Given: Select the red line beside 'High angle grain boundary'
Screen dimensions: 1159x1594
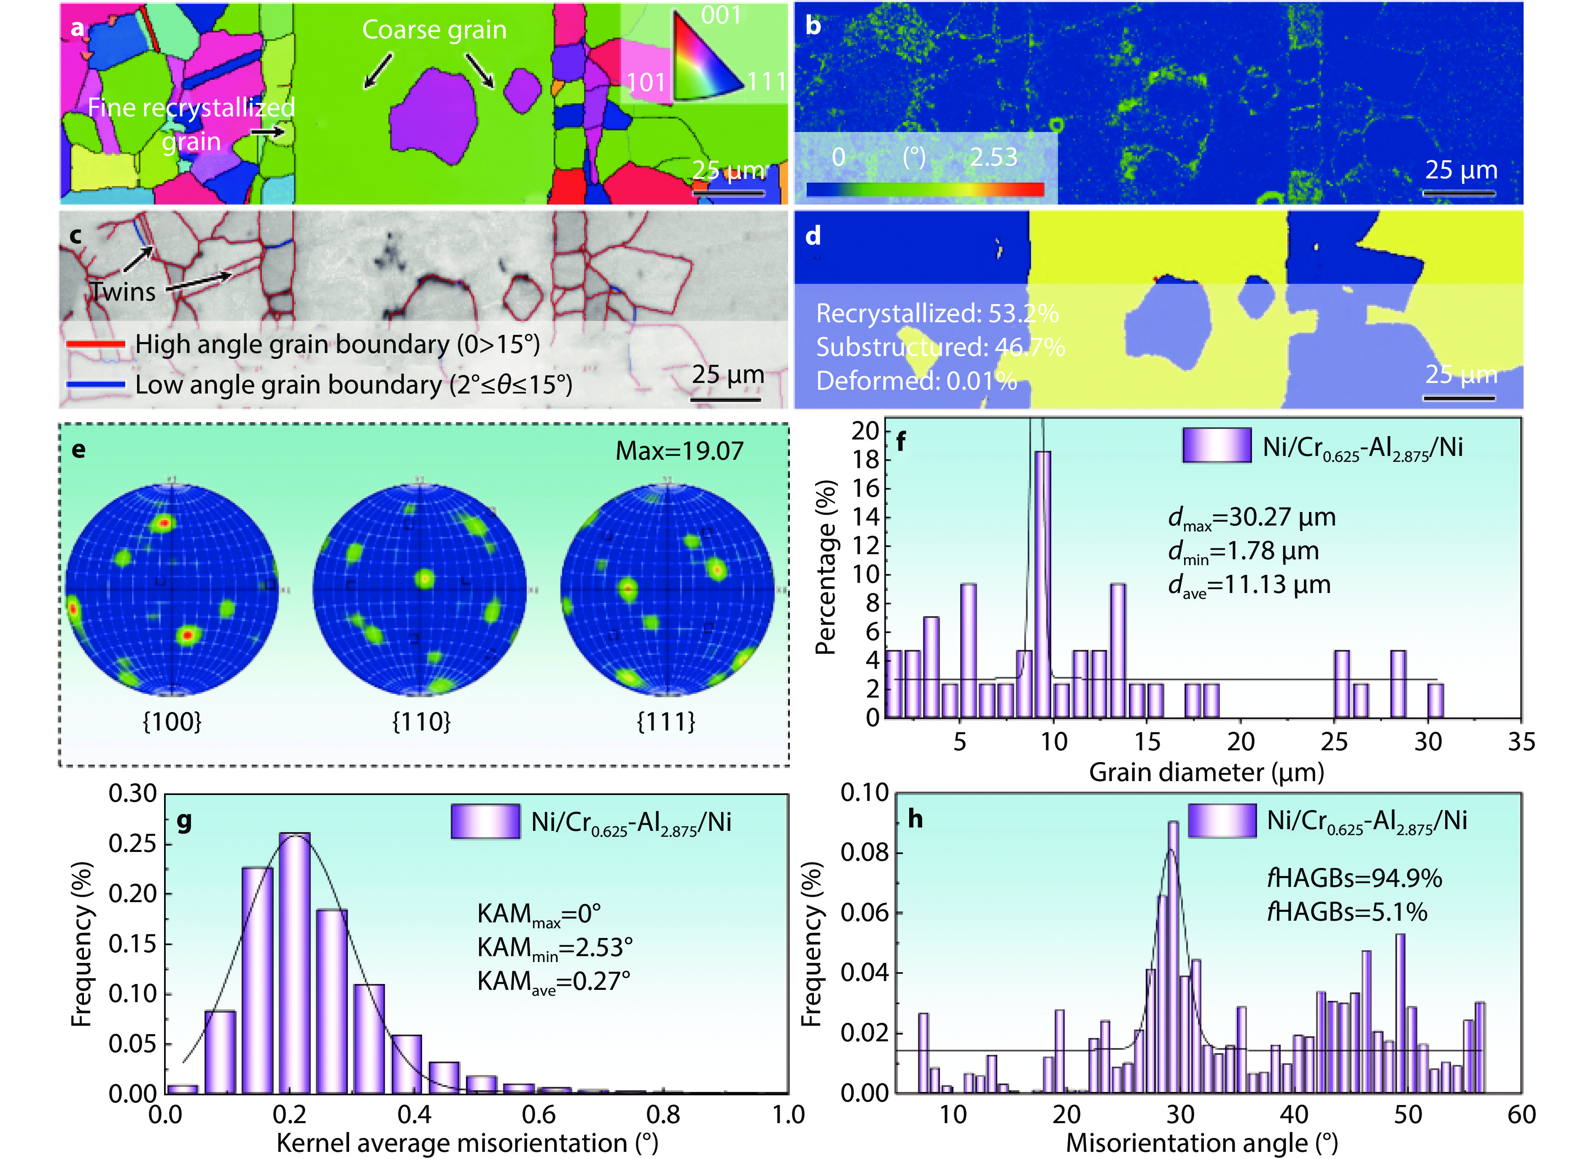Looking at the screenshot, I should (x=96, y=345).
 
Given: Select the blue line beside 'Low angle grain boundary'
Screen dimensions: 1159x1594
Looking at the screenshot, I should (x=96, y=385).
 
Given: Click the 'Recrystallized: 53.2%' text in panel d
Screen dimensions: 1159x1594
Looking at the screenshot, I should (x=937, y=313).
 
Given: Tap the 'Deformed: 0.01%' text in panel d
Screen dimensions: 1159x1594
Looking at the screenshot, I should (x=916, y=381).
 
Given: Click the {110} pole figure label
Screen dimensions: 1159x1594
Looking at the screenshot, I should (x=421, y=721).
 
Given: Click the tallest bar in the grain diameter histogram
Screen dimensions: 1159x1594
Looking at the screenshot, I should (x=1043, y=583).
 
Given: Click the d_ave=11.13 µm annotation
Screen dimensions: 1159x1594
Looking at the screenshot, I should (x=1249, y=585).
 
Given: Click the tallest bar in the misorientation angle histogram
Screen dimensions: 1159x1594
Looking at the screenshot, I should (x=1173, y=956).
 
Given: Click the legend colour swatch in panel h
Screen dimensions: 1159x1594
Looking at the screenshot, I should (x=1222, y=821).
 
